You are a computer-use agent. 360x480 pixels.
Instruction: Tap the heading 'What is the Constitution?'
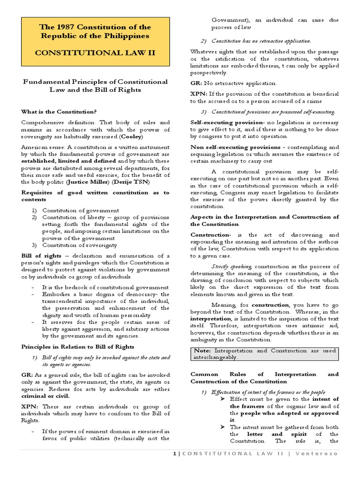[x=59, y=112]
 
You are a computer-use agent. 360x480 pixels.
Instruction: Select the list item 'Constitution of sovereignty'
[x=80, y=245]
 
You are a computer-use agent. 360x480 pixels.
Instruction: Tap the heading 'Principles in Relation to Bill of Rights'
[x=78, y=346]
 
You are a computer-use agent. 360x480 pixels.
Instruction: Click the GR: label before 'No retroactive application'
[x=196, y=83]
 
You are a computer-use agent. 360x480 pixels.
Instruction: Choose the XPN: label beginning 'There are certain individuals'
[x=29, y=407]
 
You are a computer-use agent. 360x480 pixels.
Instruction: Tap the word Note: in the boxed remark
[x=203, y=351]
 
